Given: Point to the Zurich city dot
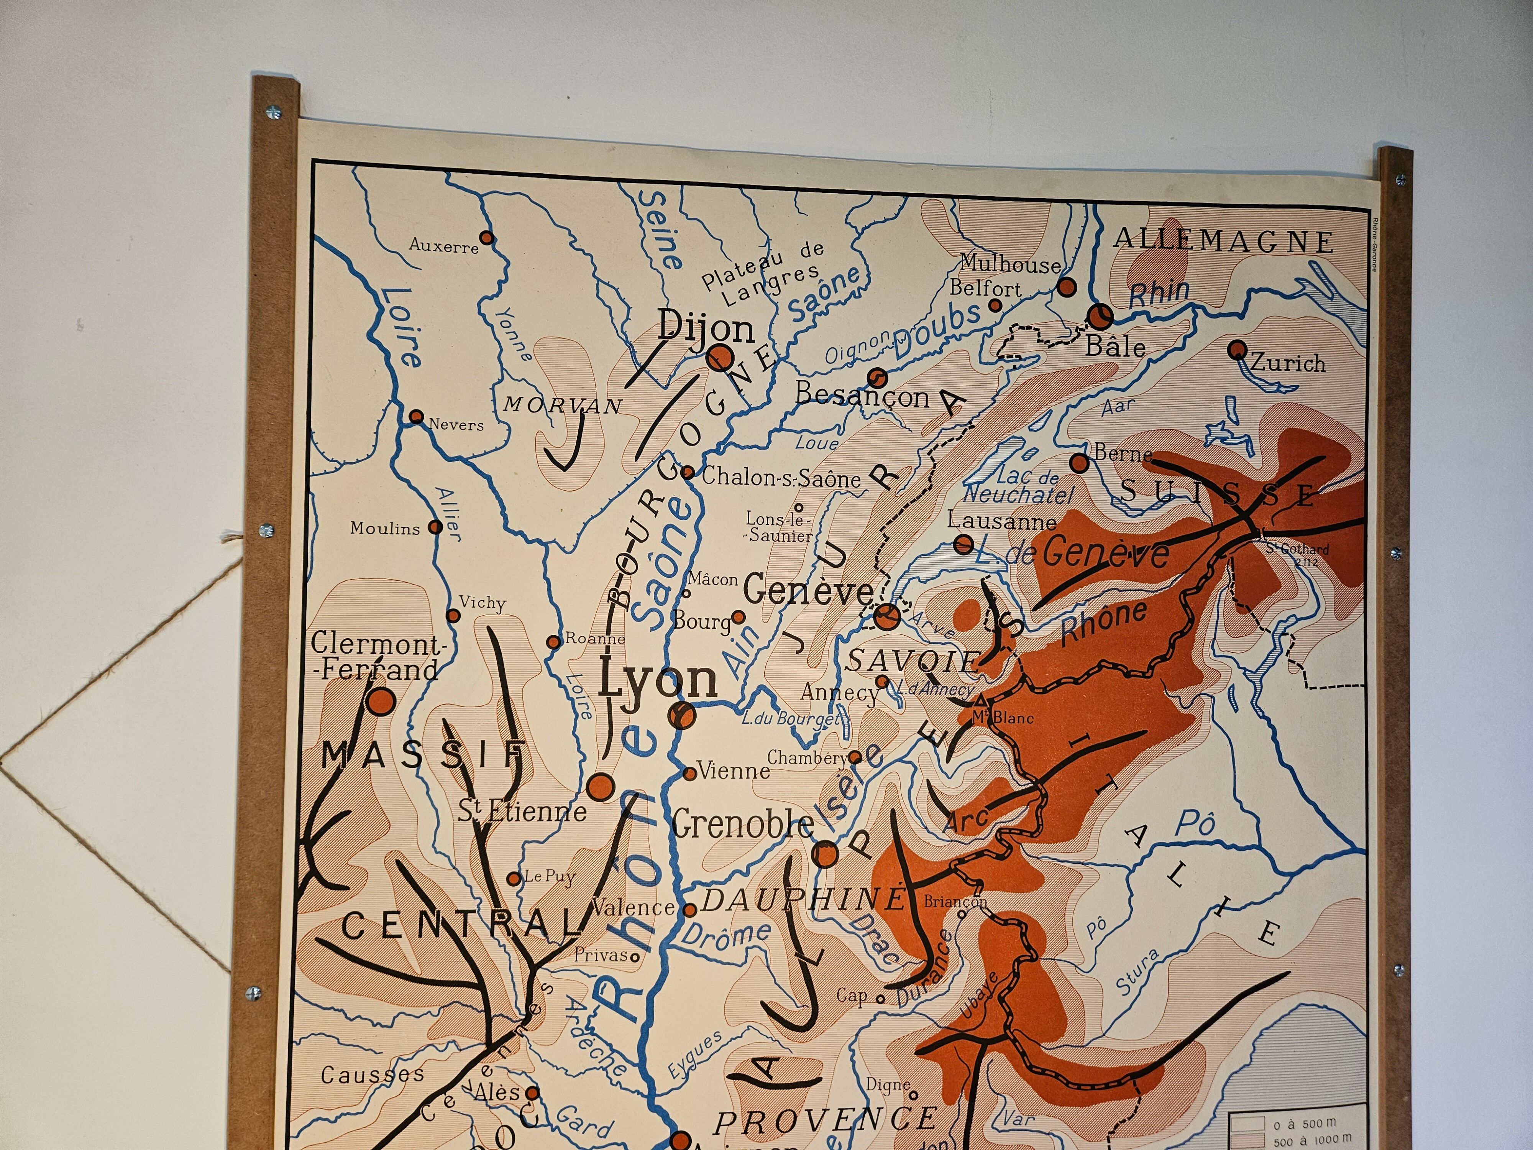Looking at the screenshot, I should (x=1237, y=349).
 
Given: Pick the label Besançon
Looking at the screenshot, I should (x=862, y=395).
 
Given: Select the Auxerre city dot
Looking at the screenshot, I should (x=487, y=238).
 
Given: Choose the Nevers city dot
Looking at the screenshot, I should (x=416, y=417).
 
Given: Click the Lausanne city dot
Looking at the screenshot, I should (x=963, y=544).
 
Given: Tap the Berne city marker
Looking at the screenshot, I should (x=1079, y=462).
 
